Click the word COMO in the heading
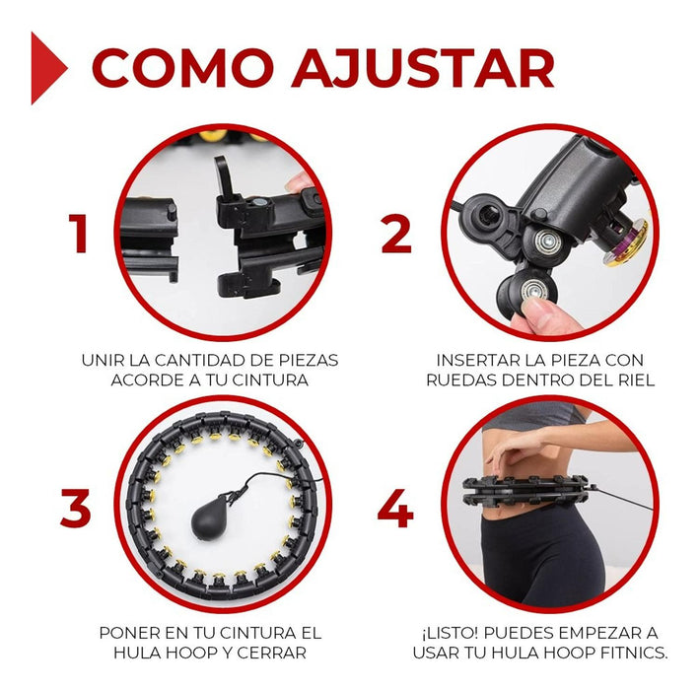click(x=181, y=68)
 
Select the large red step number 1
click(x=79, y=233)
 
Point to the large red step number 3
click(x=76, y=508)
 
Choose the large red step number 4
click(x=395, y=509)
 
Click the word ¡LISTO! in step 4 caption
click(x=449, y=633)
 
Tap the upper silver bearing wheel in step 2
click(x=543, y=241)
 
